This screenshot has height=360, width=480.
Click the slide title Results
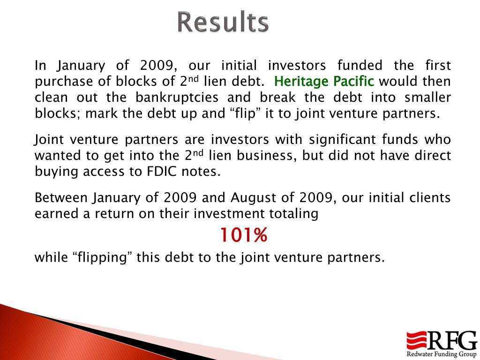[x=223, y=22]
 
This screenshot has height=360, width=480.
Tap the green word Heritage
[x=301, y=82]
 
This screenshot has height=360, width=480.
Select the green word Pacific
[x=353, y=81]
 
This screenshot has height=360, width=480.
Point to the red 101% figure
[x=244, y=235]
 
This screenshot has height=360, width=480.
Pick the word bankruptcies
[x=177, y=97]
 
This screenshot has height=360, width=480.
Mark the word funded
[x=360, y=66]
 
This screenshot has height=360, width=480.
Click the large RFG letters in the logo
[x=452, y=340]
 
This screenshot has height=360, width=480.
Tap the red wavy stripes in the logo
[x=416, y=340]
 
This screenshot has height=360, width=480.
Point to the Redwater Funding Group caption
[x=441, y=354]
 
